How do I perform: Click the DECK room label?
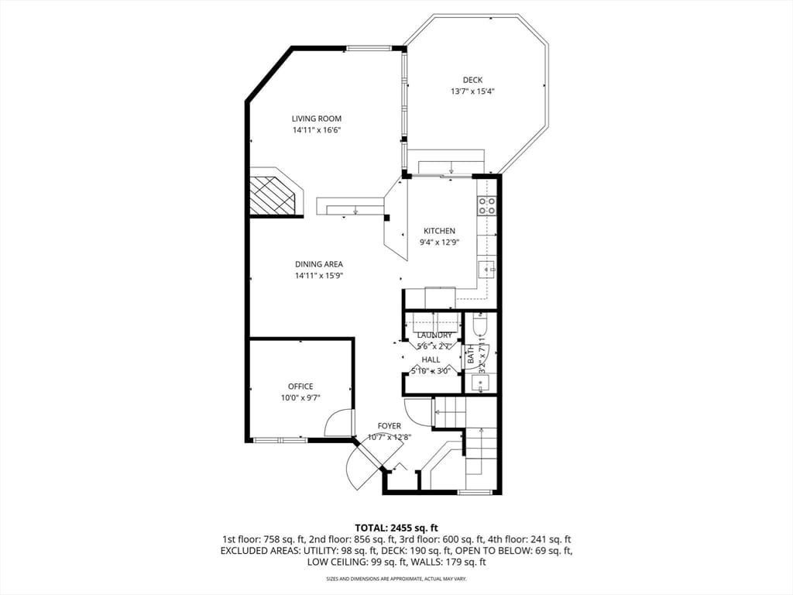click(472, 80)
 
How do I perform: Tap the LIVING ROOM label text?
click(317, 119)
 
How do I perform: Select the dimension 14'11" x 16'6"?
click(317, 130)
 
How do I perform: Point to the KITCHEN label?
click(439, 231)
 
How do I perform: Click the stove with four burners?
click(487, 205)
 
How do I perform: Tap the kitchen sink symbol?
click(486, 270)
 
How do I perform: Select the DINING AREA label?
click(318, 264)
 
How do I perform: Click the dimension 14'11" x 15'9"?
click(318, 276)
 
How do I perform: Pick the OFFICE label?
click(300, 387)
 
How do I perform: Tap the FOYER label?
click(389, 426)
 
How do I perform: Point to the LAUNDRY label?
click(434, 335)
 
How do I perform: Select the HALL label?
click(431, 359)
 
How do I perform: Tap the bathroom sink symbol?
click(480, 382)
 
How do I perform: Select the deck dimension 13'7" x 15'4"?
click(472, 91)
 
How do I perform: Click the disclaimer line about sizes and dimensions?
click(396, 579)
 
